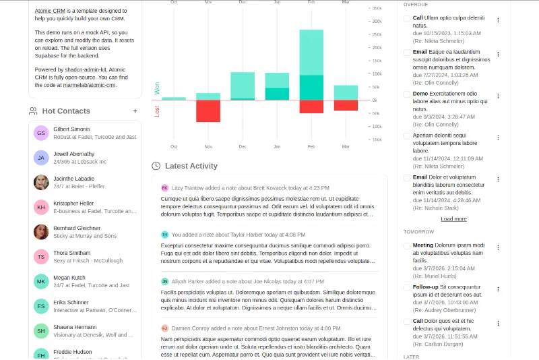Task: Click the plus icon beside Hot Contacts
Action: (x=135, y=111)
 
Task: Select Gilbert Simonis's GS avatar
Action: (x=41, y=133)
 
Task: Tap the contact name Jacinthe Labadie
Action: (x=73, y=179)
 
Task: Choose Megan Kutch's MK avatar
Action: (x=41, y=281)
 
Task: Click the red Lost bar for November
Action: (x=208, y=111)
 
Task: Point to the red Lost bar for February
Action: (x=311, y=107)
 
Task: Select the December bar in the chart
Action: (x=243, y=86)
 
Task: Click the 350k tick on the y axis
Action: (x=376, y=8)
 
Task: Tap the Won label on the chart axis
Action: (x=157, y=88)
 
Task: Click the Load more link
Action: (x=453, y=219)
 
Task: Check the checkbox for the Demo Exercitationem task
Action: (x=407, y=94)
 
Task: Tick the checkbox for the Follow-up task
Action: (x=407, y=287)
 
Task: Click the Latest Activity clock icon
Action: (x=156, y=166)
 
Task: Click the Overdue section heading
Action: (x=416, y=5)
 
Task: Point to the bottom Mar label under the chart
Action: (x=346, y=146)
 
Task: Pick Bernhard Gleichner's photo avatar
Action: (x=41, y=231)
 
